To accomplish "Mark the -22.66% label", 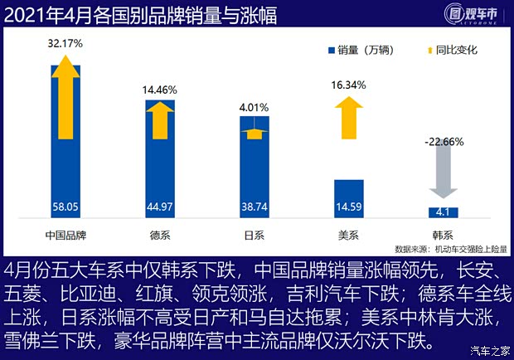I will pyautogui.click(x=443, y=141).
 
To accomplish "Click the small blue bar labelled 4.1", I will pyautogui.click(x=443, y=212).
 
